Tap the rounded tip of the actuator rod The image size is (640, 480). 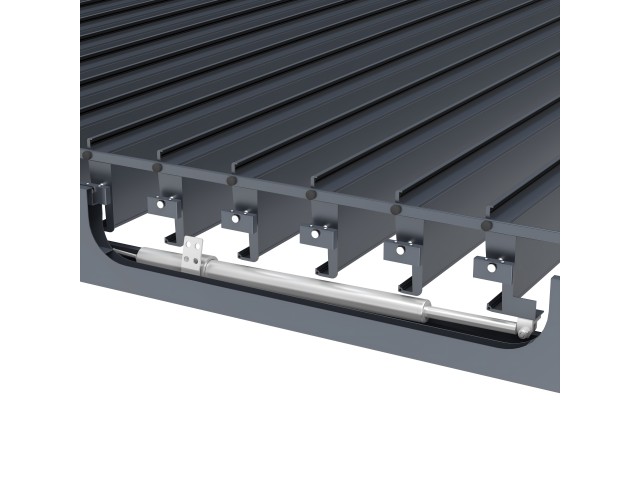(523, 327)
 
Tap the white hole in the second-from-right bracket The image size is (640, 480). (404, 249)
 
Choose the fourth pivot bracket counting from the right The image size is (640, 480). (236, 216)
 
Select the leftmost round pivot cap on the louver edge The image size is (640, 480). (88, 155)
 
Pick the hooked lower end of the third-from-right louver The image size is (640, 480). (327, 267)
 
